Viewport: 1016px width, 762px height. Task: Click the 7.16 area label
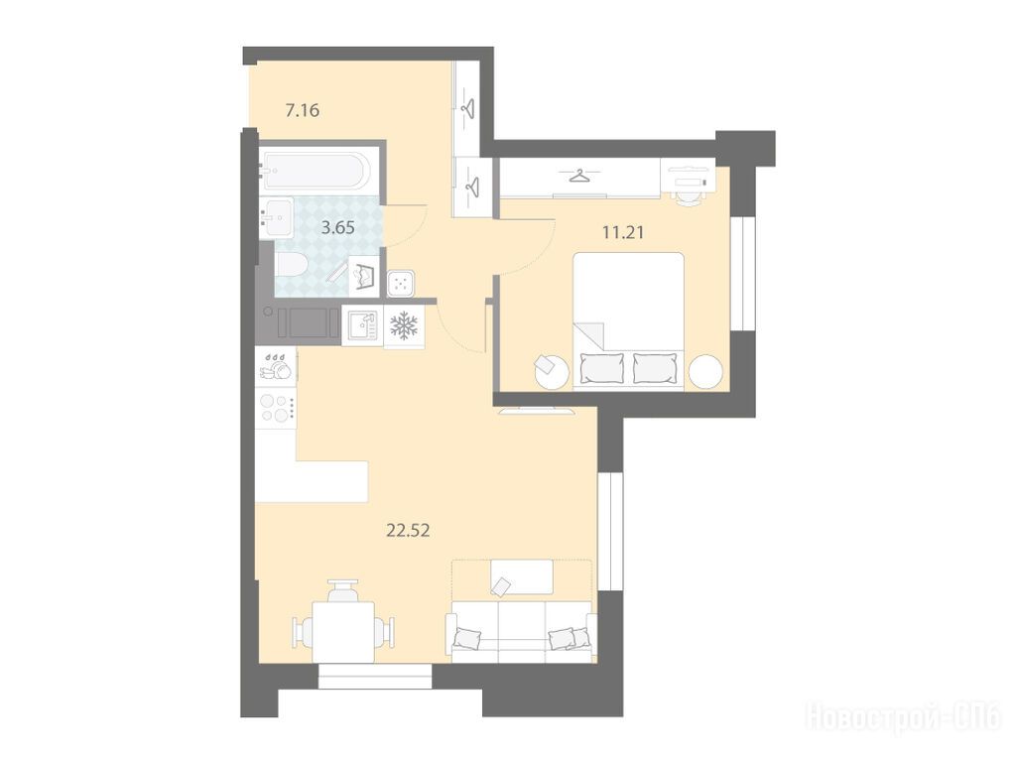[x=303, y=110]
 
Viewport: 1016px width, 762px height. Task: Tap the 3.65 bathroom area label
[x=338, y=227]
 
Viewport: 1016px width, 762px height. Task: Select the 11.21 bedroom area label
[x=623, y=232]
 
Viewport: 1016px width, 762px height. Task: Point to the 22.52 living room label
[x=408, y=531]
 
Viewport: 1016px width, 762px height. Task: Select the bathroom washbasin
[x=277, y=217]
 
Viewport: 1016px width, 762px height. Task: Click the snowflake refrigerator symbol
[x=405, y=325]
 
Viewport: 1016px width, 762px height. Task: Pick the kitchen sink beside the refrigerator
[x=361, y=325]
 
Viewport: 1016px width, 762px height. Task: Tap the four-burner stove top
[x=276, y=408]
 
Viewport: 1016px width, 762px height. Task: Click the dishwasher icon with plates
[x=276, y=366]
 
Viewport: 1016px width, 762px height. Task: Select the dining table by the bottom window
[x=343, y=632]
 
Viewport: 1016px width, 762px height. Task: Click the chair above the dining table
[x=343, y=590]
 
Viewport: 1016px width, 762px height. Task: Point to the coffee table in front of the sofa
[x=522, y=576]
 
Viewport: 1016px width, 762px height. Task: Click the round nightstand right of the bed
[x=705, y=372]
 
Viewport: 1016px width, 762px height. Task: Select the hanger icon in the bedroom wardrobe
[x=579, y=177]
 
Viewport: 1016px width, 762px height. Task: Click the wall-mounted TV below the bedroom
[x=535, y=410]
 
